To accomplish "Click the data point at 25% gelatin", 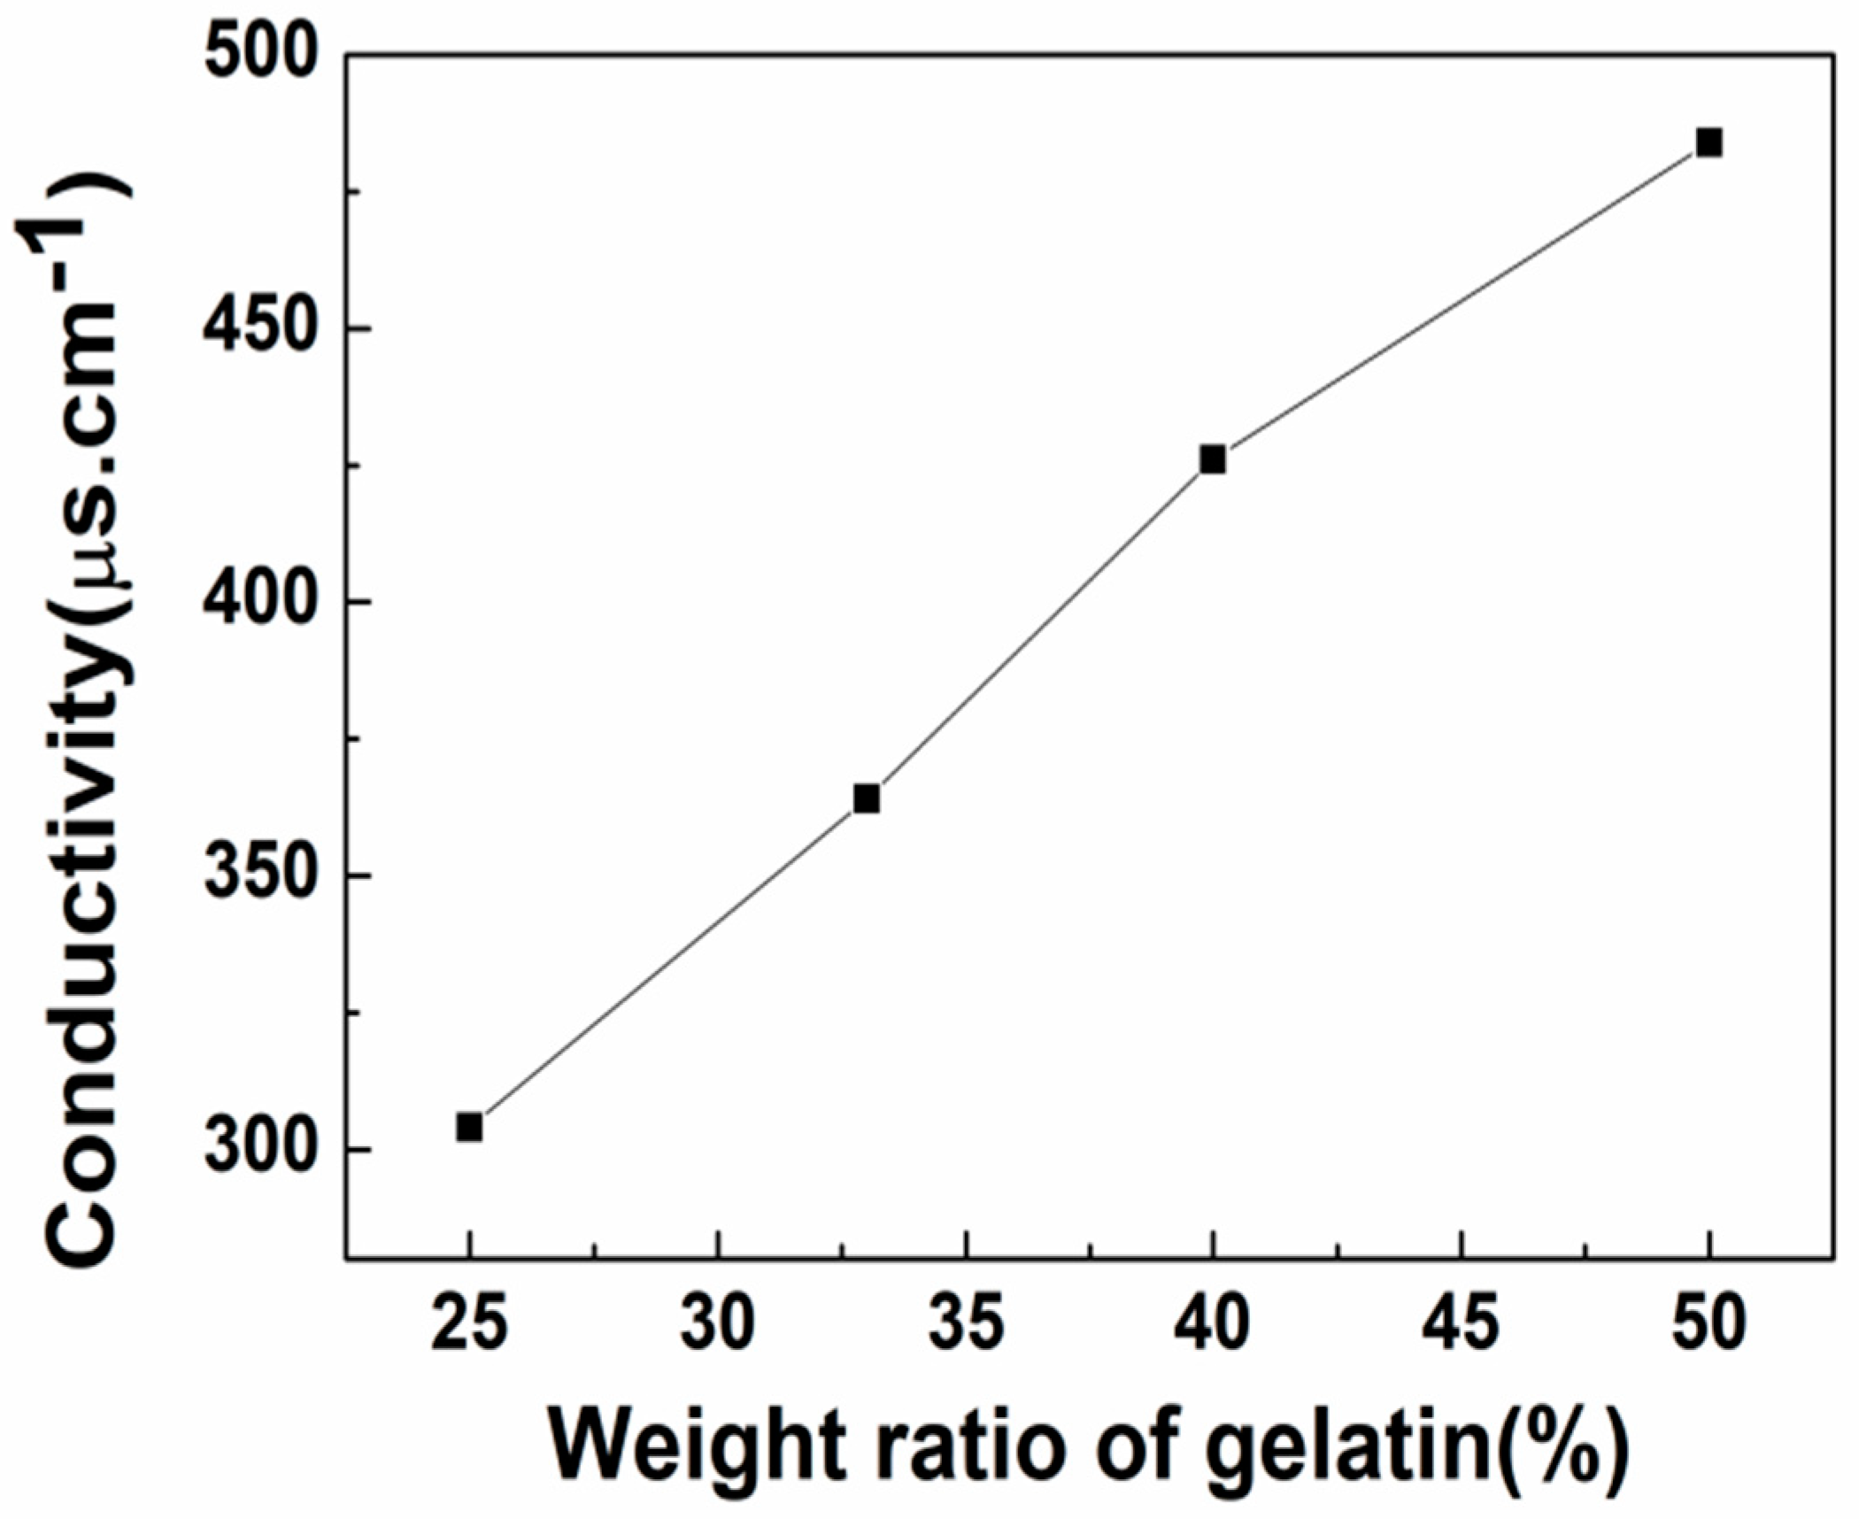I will [469, 1127].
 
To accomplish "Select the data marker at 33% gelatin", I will [867, 798].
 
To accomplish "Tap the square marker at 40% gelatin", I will [1213, 459].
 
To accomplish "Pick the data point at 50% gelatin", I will [1709, 143].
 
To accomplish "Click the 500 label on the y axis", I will [259, 55].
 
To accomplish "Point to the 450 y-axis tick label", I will [259, 328].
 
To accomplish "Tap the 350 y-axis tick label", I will [259, 875].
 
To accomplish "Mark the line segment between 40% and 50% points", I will [1461, 301].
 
